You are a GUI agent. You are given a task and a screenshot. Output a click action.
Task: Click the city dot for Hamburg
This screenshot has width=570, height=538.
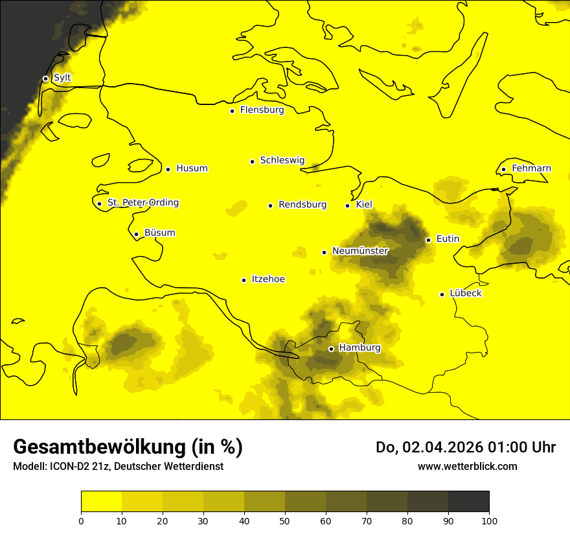coord(331,349)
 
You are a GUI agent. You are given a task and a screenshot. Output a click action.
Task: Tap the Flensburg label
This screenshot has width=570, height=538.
coord(262,110)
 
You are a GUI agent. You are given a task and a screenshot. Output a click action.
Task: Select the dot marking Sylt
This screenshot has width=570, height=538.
coord(45,78)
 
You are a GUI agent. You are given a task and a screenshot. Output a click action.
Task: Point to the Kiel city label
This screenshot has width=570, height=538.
coord(364,205)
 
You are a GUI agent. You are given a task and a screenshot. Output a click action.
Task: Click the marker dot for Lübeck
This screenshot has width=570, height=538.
coord(442,294)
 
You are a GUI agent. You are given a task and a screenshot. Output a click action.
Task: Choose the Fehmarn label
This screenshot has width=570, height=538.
coord(531,169)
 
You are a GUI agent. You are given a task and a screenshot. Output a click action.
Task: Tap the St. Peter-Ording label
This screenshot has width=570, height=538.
coord(142,203)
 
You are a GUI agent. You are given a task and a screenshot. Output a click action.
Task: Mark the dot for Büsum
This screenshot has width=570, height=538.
coord(136,234)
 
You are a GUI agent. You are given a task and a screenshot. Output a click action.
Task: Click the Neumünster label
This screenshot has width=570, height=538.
coord(360,251)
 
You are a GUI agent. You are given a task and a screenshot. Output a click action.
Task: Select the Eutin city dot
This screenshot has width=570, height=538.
coord(428,240)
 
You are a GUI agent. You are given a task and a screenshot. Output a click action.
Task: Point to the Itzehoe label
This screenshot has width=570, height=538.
coord(268,279)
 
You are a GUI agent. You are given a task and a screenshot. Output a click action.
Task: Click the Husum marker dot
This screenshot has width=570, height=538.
coord(168,169)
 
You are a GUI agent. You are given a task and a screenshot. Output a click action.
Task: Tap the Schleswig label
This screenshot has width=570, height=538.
coord(282,160)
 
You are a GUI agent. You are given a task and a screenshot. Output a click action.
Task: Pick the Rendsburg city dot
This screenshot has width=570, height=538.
coord(270,205)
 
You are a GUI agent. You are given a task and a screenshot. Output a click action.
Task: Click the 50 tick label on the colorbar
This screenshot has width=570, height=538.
coord(285,520)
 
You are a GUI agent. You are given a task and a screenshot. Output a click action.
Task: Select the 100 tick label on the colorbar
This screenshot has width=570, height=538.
coord(489,520)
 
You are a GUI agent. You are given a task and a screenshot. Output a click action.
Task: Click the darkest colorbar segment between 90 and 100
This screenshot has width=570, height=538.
coord(468,501)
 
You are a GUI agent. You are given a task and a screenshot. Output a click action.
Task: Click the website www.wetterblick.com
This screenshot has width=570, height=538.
coord(467,466)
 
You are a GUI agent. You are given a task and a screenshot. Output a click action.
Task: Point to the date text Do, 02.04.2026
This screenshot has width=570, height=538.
coord(430,447)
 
